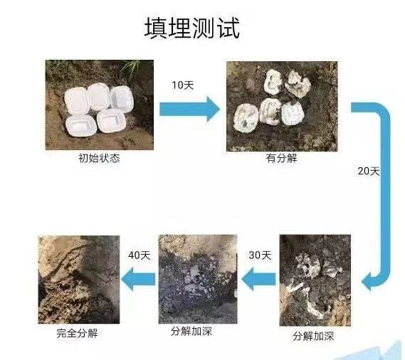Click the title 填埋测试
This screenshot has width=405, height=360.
[192, 28]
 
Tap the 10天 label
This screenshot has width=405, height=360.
[183, 85]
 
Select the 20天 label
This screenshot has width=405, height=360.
[369, 171]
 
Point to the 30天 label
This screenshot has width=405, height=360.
[260, 255]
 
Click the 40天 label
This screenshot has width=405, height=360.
[140, 255]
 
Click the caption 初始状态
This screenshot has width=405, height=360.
[99, 158]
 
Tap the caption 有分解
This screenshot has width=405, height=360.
[282, 158]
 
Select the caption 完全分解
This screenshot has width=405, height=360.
[78, 333]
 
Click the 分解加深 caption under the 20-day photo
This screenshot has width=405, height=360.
[313, 336]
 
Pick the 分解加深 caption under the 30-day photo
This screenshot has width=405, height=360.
[191, 331]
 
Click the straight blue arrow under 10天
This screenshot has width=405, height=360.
[189, 109]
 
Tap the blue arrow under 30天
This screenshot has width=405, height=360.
[259, 279]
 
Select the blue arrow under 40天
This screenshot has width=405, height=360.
[138, 279]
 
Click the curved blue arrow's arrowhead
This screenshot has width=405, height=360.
[367, 282]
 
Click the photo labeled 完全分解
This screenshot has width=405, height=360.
[79, 280]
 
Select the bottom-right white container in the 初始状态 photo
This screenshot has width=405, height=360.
[111, 121]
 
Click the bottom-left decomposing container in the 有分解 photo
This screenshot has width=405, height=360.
[246, 117]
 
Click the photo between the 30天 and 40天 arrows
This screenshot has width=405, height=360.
[198, 279]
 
